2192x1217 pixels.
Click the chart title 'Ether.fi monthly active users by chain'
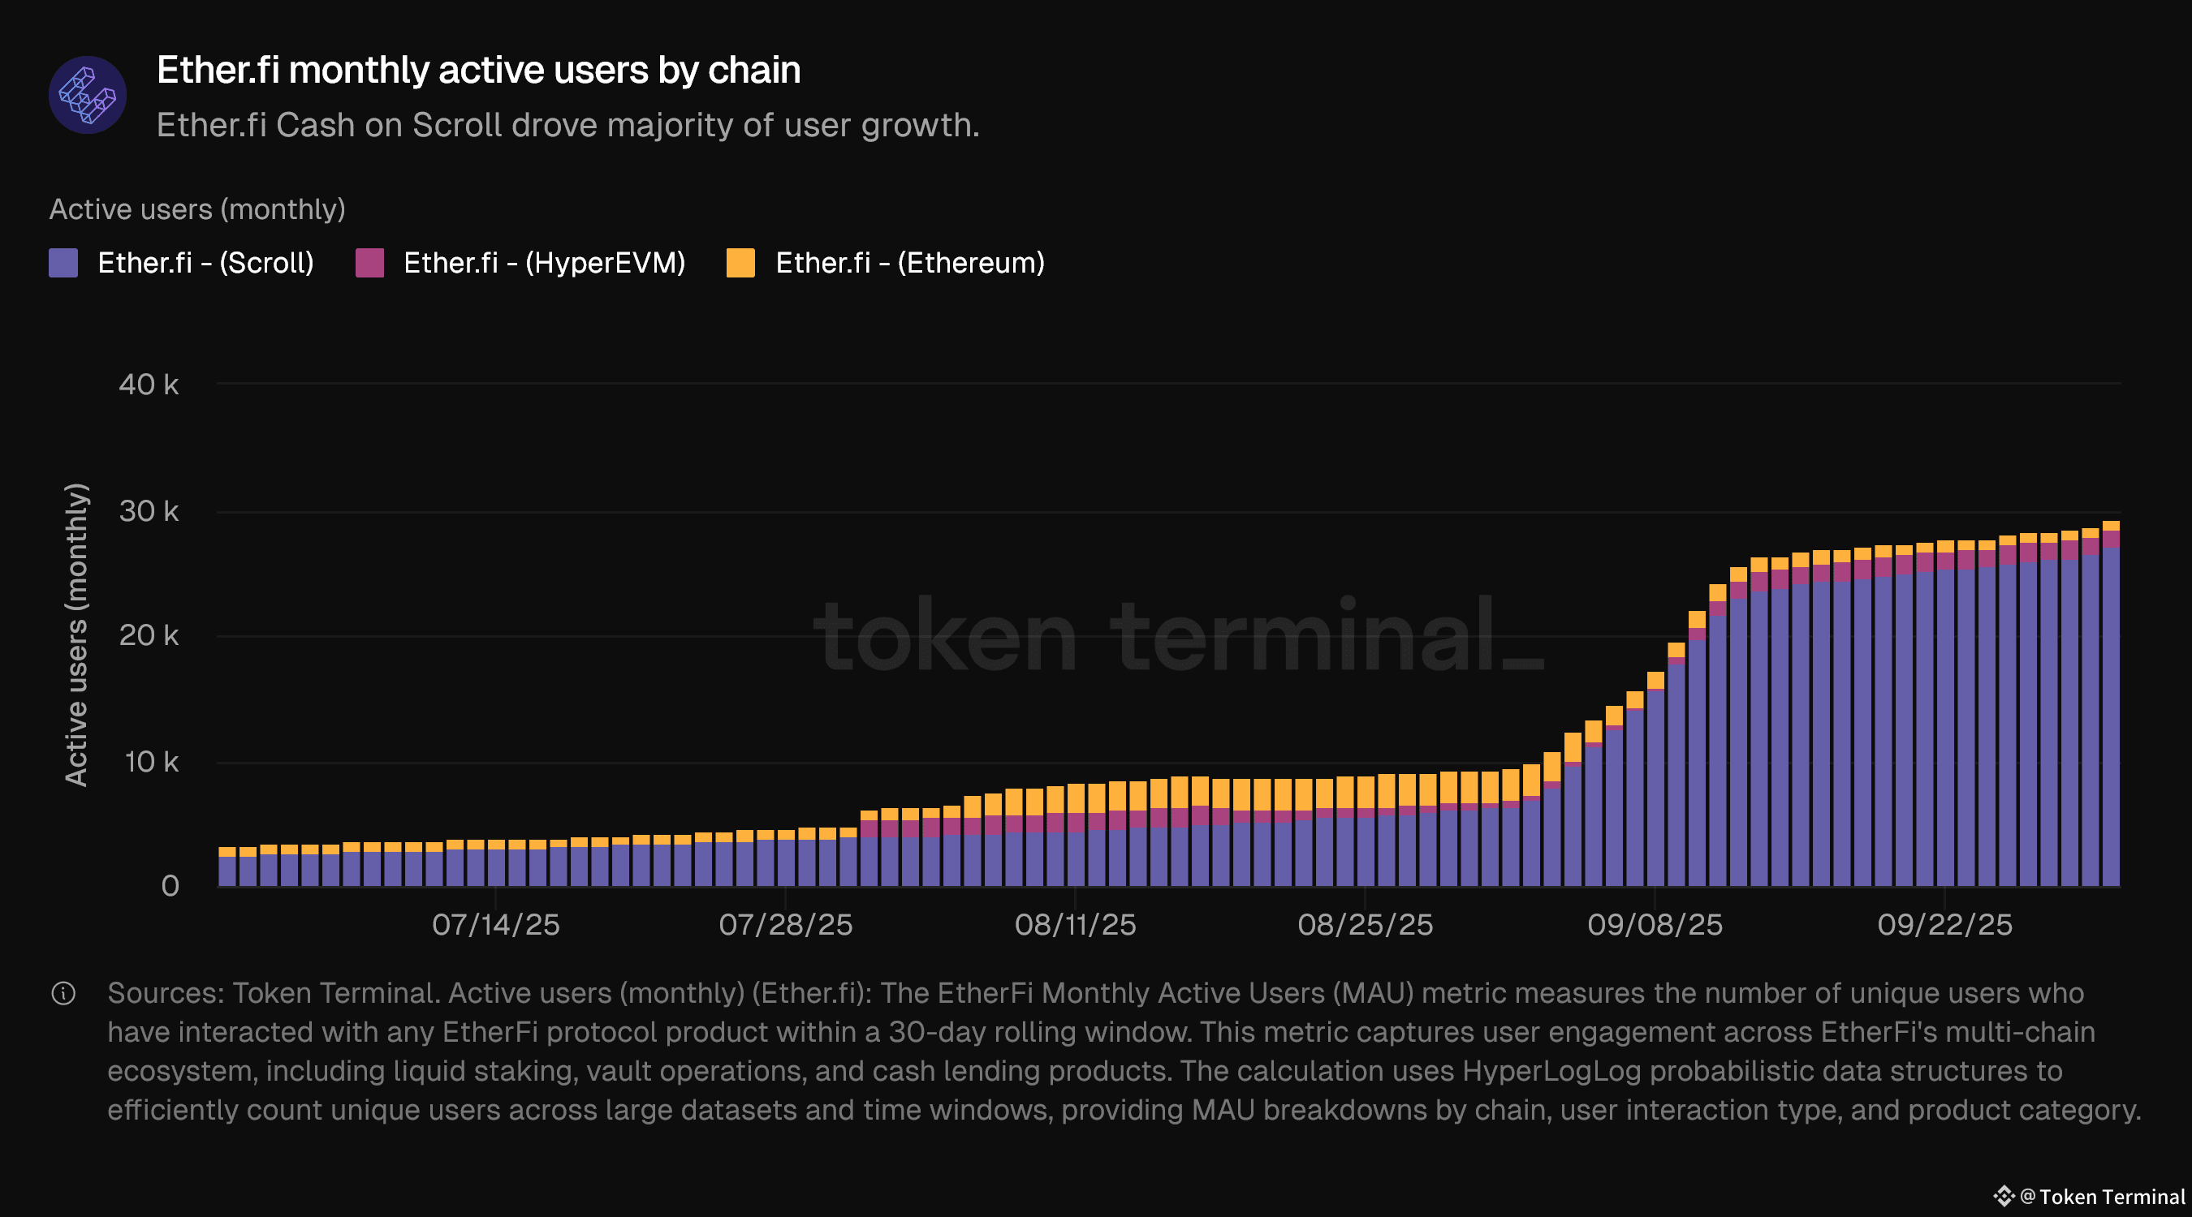coord(478,70)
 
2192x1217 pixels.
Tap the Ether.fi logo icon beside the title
coord(88,95)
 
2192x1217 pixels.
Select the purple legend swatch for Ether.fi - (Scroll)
coord(64,263)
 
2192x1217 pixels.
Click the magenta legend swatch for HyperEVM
coord(369,263)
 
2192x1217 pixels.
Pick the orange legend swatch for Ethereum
coord(740,263)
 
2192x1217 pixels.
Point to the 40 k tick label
coord(149,385)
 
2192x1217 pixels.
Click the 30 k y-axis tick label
coord(149,511)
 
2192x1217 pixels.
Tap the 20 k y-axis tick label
coord(149,635)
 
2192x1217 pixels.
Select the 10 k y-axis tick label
coord(152,761)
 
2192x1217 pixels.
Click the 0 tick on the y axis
coord(170,886)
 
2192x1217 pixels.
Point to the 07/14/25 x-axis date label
coord(495,924)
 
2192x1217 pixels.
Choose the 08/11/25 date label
coord(1075,924)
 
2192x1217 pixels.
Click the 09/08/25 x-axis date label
coord(1655,924)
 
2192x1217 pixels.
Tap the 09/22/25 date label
coord(1944,924)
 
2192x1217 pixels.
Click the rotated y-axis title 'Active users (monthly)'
coord(76,634)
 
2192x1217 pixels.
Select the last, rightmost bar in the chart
coord(2110,706)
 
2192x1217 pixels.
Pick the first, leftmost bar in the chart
coord(227,867)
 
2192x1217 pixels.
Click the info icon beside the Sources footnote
coord(64,993)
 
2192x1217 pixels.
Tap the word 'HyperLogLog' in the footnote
coord(1551,1071)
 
